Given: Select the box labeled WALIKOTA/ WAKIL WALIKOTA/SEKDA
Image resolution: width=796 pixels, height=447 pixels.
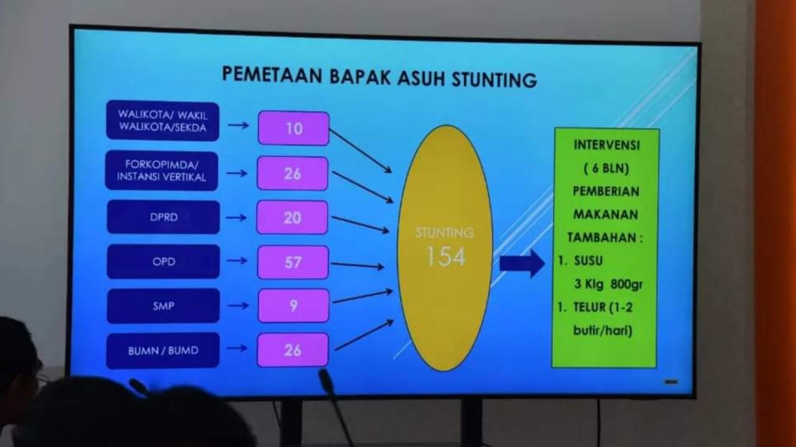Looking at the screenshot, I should pos(163,121).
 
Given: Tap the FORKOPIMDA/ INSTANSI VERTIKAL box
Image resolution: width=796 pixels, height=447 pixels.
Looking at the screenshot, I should pos(162,171).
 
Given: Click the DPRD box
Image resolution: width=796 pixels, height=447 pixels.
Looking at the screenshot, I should pos(163,218).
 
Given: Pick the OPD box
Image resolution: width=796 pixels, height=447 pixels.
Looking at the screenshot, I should pos(163,262).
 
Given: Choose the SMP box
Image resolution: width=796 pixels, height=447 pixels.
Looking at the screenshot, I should pos(163,306).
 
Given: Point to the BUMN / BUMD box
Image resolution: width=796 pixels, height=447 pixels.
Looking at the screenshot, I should pos(163,351).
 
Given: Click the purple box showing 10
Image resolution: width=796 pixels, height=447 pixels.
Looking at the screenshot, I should pos(294,129).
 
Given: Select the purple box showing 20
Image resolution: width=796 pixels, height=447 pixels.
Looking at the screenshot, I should pos(292,218).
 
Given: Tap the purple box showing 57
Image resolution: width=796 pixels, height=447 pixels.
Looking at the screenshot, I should pos(293,262).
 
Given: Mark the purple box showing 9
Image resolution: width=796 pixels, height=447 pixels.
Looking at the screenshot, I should pos(293,306).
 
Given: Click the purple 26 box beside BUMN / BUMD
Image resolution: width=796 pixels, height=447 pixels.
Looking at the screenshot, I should pos(293,350).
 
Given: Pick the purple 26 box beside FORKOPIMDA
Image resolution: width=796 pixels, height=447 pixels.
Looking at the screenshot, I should pos(292,173).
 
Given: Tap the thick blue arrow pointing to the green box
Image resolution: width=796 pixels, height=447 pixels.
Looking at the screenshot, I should pos(522,264).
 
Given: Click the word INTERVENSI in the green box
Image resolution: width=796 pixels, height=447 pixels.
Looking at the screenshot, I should pos(606,145).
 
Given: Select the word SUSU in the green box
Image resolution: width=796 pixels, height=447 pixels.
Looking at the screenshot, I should pos(588,261).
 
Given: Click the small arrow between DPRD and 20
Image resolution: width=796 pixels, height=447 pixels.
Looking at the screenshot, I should pos(236,218).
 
